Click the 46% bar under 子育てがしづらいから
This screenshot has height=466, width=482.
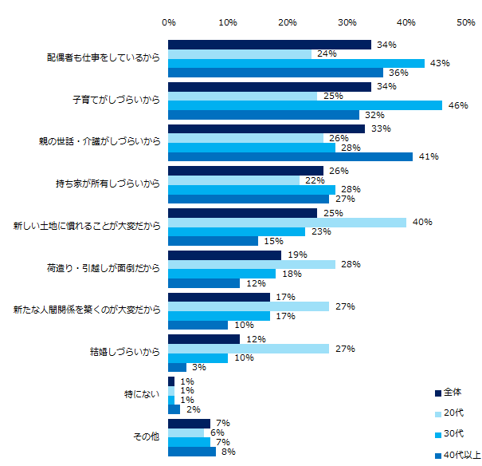305,105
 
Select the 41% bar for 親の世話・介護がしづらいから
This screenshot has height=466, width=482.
290,156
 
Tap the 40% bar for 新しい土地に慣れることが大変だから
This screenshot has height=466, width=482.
288,222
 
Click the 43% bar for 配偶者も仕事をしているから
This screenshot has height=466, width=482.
296,63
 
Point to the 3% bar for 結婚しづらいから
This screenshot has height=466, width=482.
178,367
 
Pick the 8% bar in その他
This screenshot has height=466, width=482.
192,452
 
